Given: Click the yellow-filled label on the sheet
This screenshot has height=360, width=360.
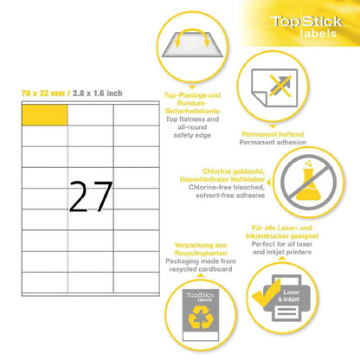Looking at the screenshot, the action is (x=45, y=115).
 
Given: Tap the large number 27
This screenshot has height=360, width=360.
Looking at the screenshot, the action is (x=91, y=196).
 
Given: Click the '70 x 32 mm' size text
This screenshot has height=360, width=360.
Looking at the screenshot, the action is (x=43, y=93).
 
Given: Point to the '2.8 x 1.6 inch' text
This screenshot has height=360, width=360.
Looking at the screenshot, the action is (x=98, y=93).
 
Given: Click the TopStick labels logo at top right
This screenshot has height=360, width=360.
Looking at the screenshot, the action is (x=306, y=27).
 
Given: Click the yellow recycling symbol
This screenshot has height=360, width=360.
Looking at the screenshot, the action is (x=201, y=318).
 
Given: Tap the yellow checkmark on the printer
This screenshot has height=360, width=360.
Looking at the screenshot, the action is (x=267, y=293).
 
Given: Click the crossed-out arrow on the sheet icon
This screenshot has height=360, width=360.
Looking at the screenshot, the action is (x=280, y=86).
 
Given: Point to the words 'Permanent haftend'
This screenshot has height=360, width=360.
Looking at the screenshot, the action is (x=273, y=134).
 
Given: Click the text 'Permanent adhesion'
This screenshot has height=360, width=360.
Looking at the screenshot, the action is (x=273, y=142).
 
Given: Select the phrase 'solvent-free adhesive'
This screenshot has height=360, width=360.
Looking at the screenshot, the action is (x=230, y=196).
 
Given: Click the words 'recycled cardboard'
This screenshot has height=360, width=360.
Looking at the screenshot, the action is (x=201, y=269).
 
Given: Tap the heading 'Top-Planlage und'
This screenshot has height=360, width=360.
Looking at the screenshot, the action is (x=192, y=95).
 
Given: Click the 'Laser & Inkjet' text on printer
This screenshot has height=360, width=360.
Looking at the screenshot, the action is (x=289, y=296).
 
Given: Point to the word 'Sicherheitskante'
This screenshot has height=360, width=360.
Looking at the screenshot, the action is (x=192, y=111).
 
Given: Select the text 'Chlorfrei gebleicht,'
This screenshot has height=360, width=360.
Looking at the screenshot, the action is (x=234, y=171).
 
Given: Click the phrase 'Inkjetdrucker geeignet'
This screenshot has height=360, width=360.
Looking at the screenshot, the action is (x=282, y=236).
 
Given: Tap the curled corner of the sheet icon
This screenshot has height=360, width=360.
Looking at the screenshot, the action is (x=260, y=99).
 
